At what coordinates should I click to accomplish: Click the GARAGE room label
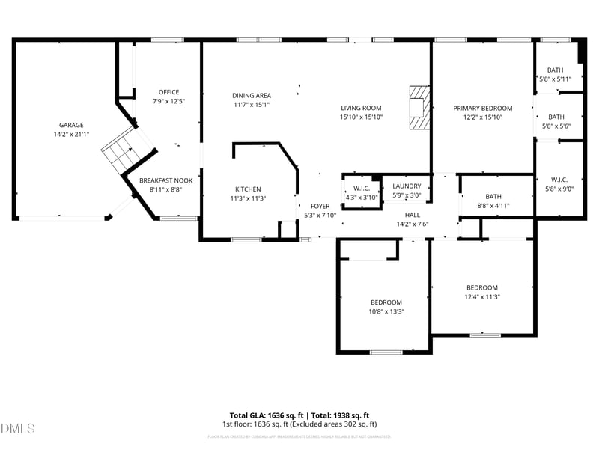coord(71,125)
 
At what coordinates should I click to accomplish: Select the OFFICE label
coord(168,92)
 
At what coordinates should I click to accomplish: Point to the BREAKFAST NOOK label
coord(165,180)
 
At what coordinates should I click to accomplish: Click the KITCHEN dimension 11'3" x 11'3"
coord(248,198)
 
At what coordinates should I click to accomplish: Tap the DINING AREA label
coord(251,95)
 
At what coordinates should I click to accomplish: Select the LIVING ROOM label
coord(361,108)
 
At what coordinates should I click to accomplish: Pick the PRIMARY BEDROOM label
coord(482,108)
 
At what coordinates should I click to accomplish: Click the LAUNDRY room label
coord(407,186)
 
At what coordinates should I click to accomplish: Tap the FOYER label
coord(320,206)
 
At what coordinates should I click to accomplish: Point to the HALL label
coord(412,215)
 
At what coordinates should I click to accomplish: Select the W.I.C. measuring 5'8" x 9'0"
coord(559,180)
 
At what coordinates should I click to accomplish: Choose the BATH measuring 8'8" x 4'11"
coord(493,196)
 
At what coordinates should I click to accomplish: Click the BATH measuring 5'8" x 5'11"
coord(555,70)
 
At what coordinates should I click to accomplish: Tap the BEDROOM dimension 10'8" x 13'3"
coord(386,312)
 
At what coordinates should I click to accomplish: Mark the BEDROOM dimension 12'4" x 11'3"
coord(481,297)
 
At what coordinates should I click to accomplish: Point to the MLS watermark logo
coord(18,428)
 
